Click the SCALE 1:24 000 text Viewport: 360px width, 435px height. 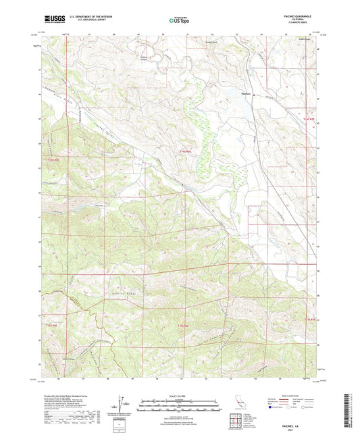coord(179,395)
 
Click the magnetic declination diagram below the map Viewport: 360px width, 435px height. coord(122,404)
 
